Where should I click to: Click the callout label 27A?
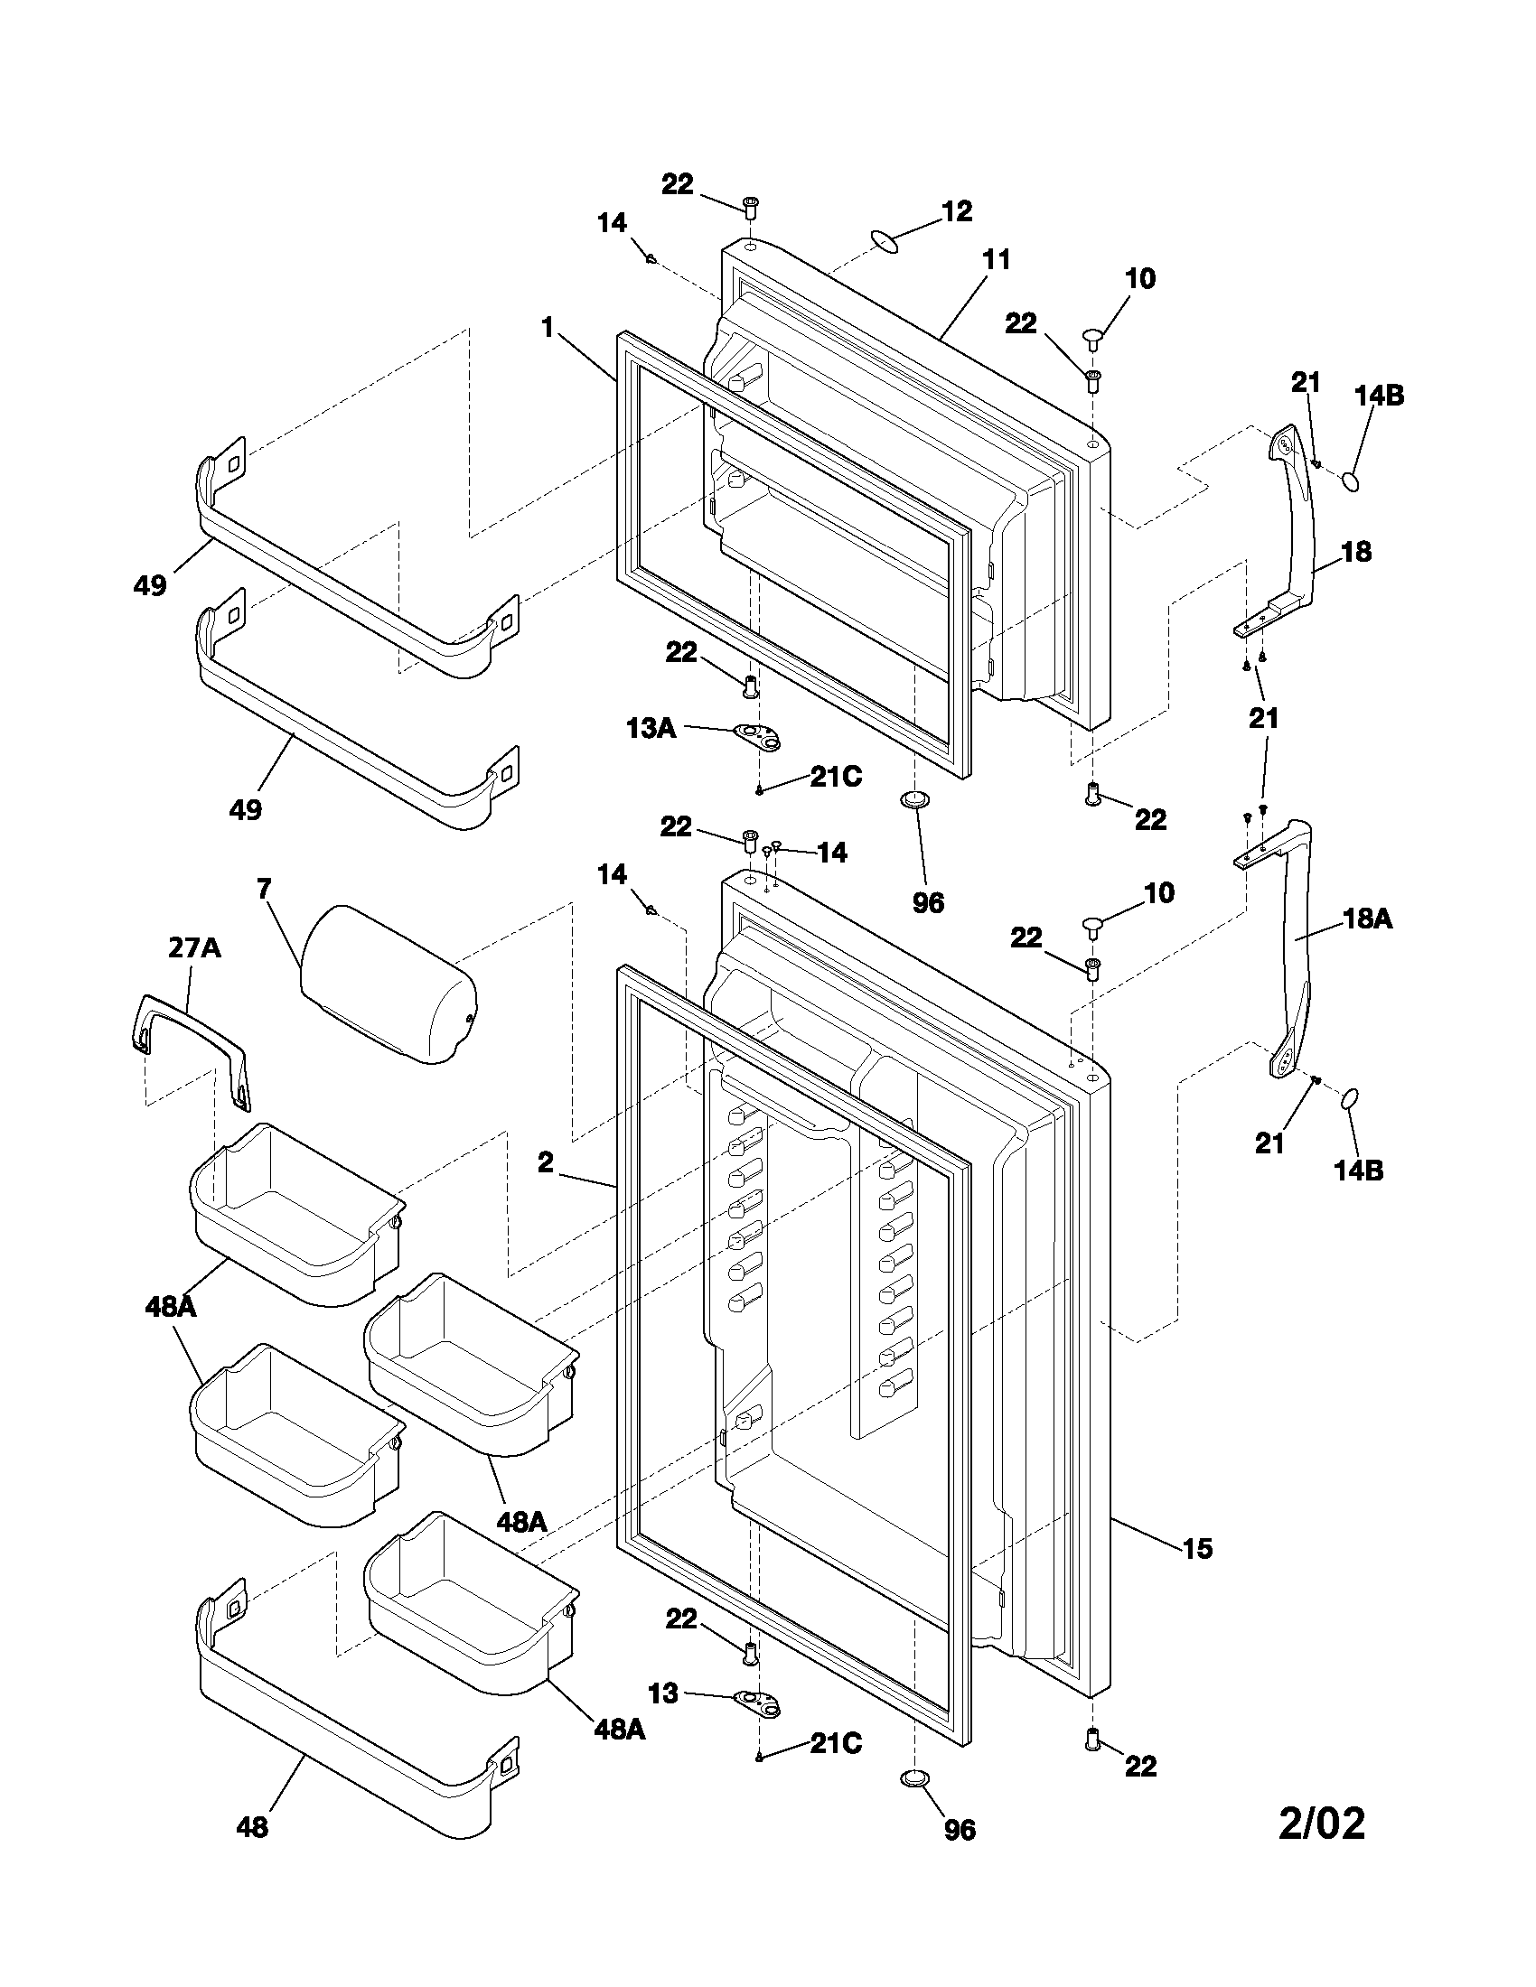(194, 948)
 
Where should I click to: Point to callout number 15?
(1197, 1547)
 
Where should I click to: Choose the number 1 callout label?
(548, 327)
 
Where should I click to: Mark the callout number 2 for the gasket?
(545, 1161)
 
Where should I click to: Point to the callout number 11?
(997, 260)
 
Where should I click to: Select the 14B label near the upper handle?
(1379, 396)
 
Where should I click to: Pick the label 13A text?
(651, 728)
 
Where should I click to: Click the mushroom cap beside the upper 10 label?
(1094, 339)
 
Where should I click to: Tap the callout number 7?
(264, 888)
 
